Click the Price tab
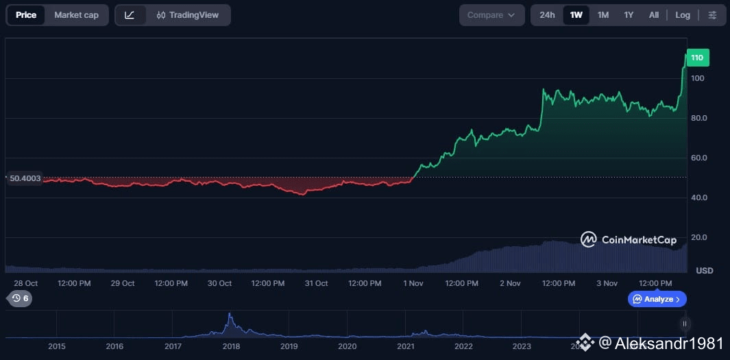(x=26, y=15)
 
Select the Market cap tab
(x=76, y=15)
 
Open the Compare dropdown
(x=491, y=15)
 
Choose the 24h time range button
(x=547, y=15)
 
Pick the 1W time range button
(x=576, y=15)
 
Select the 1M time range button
(x=603, y=15)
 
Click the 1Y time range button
(x=629, y=15)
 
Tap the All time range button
(x=654, y=15)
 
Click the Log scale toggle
(x=683, y=15)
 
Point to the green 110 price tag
(x=697, y=58)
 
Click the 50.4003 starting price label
(x=25, y=178)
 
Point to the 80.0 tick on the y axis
(x=698, y=118)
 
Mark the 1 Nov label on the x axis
(x=413, y=283)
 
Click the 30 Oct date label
(x=219, y=283)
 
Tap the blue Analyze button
(x=657, y=299)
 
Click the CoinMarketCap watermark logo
(x=629, y=239)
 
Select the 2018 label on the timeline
(x=231, y=346)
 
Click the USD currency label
(x=704, y=271)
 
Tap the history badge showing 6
(x=20, y=298)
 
